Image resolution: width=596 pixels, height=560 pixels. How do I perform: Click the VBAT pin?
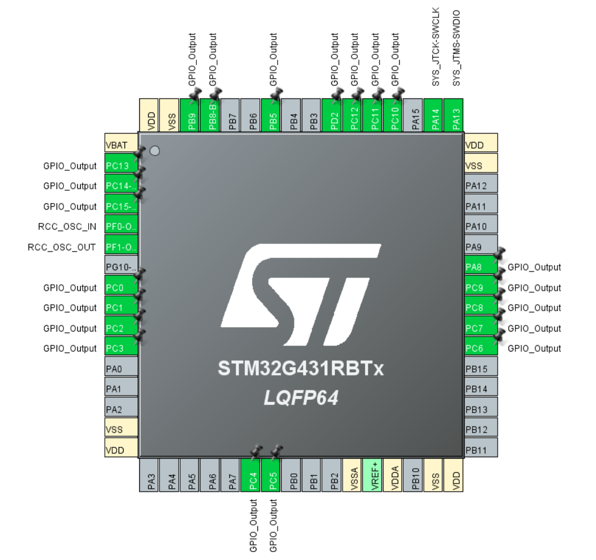(121, 145)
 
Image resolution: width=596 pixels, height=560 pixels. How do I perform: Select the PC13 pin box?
(121, 166)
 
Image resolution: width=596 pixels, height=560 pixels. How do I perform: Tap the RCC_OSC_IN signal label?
(67, 227)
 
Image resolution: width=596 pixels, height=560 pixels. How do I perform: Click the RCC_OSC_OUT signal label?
(62, 247)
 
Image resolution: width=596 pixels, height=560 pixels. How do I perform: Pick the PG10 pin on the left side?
(121, 267)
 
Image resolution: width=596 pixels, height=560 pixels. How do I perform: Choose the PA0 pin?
(121, 369)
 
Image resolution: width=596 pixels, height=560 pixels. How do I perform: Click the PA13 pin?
(456, 115)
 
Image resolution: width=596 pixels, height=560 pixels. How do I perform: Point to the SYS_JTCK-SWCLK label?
(436, 47)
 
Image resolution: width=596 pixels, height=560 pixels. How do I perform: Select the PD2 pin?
(335, 115)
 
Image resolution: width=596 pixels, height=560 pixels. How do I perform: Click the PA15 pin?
(415, 115)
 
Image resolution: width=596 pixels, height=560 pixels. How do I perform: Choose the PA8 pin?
(481, 267)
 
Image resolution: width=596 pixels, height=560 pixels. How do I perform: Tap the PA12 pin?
(481, 186)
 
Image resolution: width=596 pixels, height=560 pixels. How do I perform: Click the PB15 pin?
(481, 369)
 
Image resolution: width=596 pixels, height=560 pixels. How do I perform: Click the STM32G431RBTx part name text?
(301, 368)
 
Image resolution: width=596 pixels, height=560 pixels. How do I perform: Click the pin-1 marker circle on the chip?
(155, 151)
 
